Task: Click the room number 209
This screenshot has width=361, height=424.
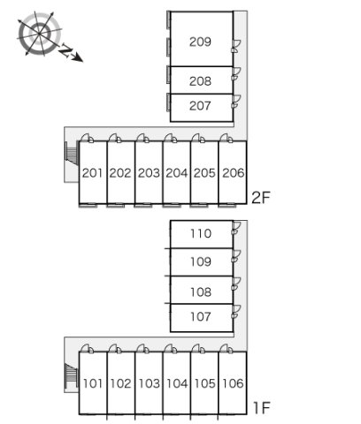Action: pyautogui.click(x=200, y=42)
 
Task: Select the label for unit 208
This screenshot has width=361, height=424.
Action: pyautogui.click(x=200, y=81)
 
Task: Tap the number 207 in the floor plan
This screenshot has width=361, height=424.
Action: pyautogui.click(x=200, y=106)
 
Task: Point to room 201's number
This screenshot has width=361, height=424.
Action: pyautogui.click(x=92, y=173)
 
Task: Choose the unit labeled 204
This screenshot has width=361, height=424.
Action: pyautogui.click(x=177, y=173)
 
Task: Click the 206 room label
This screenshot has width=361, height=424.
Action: pyautogui.click(x=234, y=173)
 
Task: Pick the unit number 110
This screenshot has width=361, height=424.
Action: pyautogui.click(x=201, y=234)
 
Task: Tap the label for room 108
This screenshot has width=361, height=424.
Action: pyautogui.click(x=201, y=292)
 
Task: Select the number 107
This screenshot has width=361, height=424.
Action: pyautogui.click(x=201, y=317)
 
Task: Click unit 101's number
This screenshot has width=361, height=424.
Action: pyautogui.click(x=93, y=383)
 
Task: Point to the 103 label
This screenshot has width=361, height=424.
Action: pyautogui.click(x=149, y=383)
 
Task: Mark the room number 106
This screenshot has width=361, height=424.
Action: pyautogui.click(x=234, y=383)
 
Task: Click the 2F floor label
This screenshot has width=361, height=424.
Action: pyautogui.click(x=261, y=198)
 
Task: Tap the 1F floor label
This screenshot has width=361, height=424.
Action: pyautogui.click(x=262, y=408)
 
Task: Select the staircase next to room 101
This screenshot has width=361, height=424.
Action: pyautogui.click(x=71, y=376)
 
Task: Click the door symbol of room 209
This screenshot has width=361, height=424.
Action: pyautogui.click(x=236, y=46)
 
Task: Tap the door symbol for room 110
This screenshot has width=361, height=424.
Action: pyautogui.click(x=235, y=229)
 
